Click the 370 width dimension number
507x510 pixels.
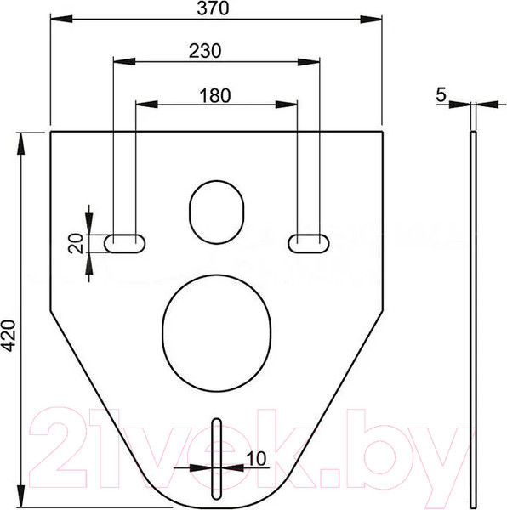pos(213,8)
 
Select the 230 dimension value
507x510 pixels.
pos(205,51)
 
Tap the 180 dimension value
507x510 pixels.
pos(214,95)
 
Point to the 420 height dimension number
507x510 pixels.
pos(9,336)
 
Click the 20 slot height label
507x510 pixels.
pos(76,243)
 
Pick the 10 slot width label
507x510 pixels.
pos(256,459)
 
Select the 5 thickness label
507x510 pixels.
pos(441,95)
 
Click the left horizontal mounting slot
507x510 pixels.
pos(125,243)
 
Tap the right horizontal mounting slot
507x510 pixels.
pos(309,243)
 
